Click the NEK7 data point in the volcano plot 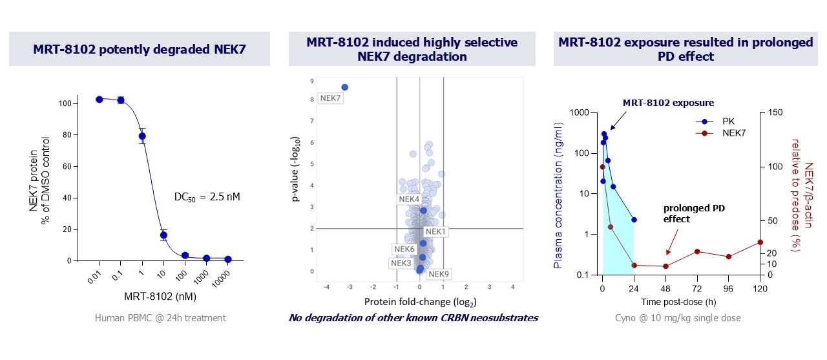[x=344, y=87]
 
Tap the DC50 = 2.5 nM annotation [x=207, y=196]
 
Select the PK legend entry [x=709, y=121]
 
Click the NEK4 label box [x=409, y=199]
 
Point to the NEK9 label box [x=439, y=274]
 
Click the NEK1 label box [x=435, y=231]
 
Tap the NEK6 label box [x=404, y=249]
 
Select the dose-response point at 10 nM [x=163, y=235]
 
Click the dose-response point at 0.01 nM [x=99, y=100]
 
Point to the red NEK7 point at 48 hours [x=665, y=266]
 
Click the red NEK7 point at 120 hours [x=760, y=242]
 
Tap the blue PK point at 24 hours [x=634, y=220]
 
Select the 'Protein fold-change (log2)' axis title [x=420, y=302]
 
